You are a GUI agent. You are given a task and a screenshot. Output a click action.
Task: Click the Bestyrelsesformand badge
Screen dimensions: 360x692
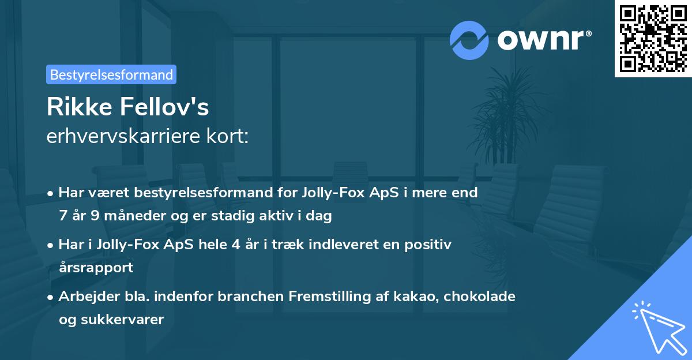click(111, 74)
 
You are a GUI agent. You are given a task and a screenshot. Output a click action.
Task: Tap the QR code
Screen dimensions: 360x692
click(653, 38)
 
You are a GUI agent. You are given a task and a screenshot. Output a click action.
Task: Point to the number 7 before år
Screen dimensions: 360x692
click(63, 216)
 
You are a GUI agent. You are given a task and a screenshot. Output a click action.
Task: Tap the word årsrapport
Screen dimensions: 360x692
click(96, 267)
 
